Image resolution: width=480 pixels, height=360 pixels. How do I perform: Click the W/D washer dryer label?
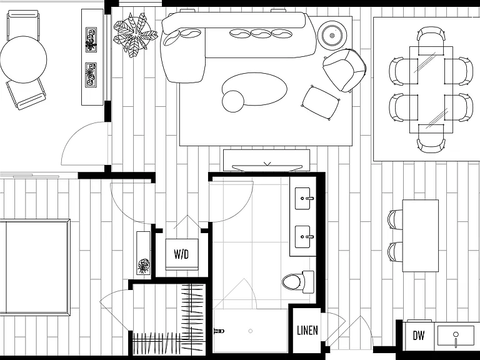point(181,254)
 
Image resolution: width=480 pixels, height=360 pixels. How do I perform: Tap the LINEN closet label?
point(307,330)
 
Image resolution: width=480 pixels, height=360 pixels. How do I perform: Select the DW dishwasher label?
point(419,336)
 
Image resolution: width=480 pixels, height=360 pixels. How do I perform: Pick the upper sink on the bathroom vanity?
point(303,198)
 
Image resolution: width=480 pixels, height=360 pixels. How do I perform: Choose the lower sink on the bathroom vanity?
point(303,237)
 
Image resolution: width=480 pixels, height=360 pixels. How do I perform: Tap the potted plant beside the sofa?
point(135,34)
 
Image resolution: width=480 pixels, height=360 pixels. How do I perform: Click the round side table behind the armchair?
point(332,36)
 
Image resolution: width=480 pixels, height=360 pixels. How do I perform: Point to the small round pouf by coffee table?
point(233,101)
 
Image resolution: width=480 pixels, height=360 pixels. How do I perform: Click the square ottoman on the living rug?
point(321,102)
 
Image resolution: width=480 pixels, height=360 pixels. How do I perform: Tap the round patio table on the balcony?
point(23,59)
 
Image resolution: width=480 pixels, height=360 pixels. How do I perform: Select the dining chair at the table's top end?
point(431,41)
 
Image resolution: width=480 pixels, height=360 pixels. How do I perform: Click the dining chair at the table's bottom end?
point(431,138)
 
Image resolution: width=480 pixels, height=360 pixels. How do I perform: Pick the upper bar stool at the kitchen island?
point(395,219)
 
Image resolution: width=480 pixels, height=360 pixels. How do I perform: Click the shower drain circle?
point(251,331)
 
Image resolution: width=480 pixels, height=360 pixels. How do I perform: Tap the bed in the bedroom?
point(35,267)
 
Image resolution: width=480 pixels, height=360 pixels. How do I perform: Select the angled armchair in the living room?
point(344,70)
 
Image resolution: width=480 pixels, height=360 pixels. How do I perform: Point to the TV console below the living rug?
point(266,160)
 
